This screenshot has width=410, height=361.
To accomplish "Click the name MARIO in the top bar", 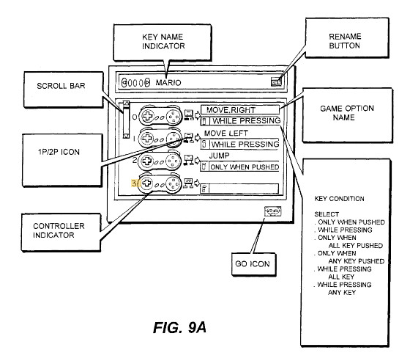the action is [x=168, y=83].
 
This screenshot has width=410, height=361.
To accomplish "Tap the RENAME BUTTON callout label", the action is [x=344, y=41].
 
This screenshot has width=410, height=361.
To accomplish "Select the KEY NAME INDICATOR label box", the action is [x=163, y=42].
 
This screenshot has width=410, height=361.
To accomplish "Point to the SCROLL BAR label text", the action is [x=61, y=86].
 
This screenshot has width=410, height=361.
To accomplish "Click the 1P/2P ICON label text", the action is [x=59, y=152].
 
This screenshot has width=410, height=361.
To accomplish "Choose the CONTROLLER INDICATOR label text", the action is [x=59, y=230].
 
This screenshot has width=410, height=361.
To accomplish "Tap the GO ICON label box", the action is [x=253, y=264].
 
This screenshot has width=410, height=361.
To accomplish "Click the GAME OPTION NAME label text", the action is [x=347, y=113].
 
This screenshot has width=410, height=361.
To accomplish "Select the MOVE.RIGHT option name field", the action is [x=240, y=110].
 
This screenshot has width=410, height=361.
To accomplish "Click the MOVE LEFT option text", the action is [x=226, y=134].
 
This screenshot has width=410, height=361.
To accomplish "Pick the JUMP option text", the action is [x=219, y=156].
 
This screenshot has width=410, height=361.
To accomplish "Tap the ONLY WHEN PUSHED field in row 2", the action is [x=245, y=167].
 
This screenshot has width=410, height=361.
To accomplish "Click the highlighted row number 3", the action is [x=134, y=183].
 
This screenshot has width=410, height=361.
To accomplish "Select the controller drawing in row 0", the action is [x=160, y=115].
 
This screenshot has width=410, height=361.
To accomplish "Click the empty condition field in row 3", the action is [x=244, y=189].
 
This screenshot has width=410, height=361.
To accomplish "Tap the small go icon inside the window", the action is [x=272, y=211].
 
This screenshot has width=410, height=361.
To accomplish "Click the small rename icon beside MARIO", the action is [x=276, y=81].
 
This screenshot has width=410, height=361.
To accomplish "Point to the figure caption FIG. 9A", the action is [x=179, y=327].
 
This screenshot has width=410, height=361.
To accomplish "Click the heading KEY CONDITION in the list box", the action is [x=339, y=199].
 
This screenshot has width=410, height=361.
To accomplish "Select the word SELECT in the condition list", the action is [x=327, y=214].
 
